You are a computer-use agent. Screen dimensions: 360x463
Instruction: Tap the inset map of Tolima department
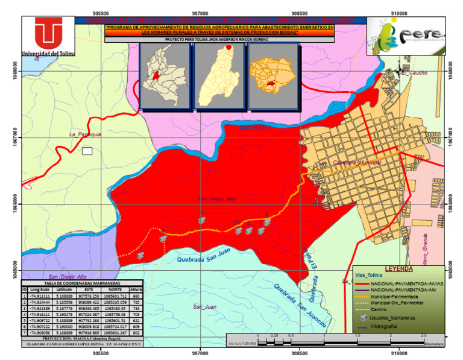(x=219, y=77)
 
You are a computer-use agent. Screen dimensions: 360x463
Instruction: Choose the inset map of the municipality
(x=272, y=77)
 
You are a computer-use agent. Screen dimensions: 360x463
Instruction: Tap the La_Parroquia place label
(x=84, y=134)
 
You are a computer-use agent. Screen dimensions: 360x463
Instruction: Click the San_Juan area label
(x=204, y=307)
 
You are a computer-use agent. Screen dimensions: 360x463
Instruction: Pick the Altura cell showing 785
(x=136, y=302)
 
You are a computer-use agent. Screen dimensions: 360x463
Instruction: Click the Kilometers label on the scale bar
(x=433, y=344)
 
